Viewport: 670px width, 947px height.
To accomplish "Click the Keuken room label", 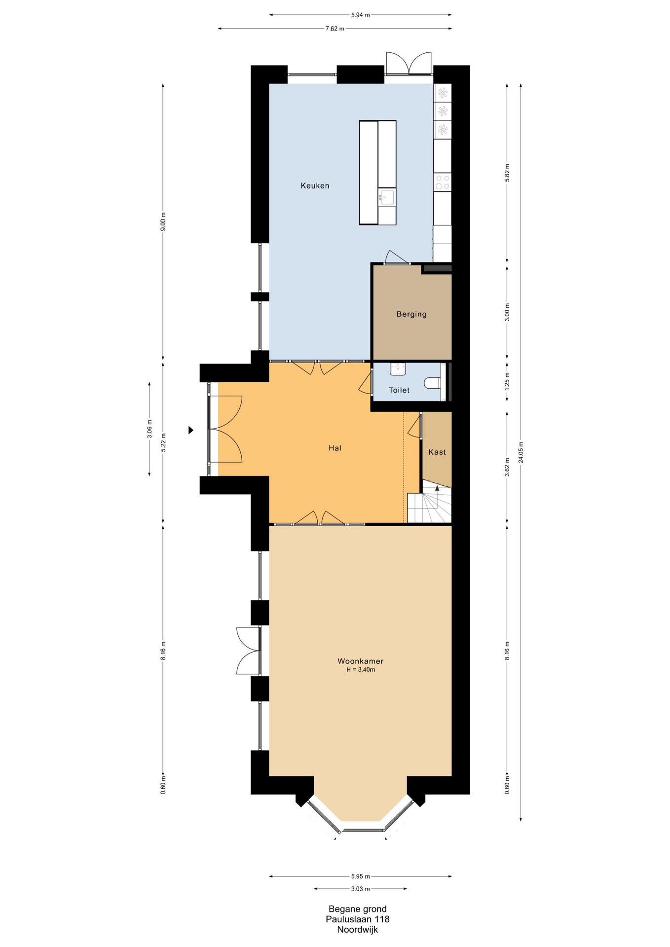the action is point(315,186).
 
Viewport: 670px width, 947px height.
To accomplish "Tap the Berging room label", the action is point(411,314).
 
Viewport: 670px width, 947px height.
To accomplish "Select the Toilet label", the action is point(399,390).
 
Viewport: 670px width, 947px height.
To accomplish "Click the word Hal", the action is point(335,448).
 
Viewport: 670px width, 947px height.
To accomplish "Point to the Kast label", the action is point(437,452).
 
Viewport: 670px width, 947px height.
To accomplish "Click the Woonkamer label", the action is point(360,661).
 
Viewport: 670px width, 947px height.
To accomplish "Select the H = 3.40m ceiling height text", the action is point(361,670).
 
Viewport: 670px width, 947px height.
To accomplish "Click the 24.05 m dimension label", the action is point(521,452).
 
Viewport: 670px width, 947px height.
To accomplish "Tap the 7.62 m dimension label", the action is point(335,29).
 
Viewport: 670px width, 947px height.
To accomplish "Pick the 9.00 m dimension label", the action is point(164,221).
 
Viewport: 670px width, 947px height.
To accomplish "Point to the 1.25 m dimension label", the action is point(507,381).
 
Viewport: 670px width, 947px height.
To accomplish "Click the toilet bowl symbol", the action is point(432,383).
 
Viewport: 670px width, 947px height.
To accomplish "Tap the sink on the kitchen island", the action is point(387,197).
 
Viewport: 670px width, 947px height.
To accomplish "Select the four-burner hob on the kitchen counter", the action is point(443,182).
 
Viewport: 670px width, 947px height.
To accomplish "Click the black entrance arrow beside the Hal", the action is point(191,430).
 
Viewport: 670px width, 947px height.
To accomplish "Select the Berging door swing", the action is point(397,257).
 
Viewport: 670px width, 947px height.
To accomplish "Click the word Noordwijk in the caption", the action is point(358,930).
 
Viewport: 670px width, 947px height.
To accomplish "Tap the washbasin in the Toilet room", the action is point(398,368).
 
